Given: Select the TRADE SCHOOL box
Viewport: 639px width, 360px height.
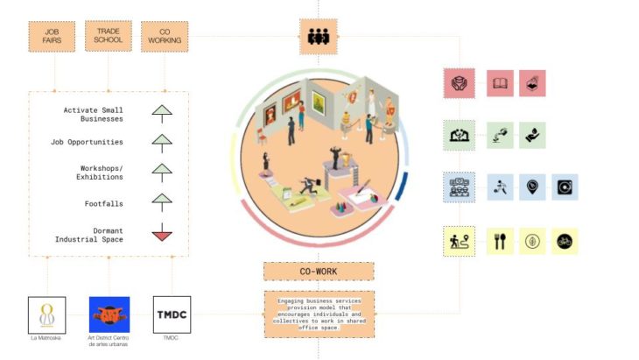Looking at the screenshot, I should [x=109, y=35].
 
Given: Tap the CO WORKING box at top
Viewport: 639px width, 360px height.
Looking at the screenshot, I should [x=165, y=36].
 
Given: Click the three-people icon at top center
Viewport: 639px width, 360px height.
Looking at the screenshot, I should [x=319, y=36].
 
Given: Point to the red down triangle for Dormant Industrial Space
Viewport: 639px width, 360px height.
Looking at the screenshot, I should [x=162, y=234].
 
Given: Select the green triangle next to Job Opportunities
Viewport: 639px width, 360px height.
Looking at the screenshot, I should [x=162, y=141].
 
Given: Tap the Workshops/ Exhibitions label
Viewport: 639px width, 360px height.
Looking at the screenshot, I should [x=100, y=172].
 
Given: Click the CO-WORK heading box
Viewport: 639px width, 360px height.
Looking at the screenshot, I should [x=319, y=272].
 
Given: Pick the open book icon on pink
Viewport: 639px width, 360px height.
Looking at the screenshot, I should [x=500, y=83].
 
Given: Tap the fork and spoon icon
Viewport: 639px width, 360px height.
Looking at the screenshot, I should [x=500, y=241].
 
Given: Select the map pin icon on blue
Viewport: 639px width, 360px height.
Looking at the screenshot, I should [x=532, y=187].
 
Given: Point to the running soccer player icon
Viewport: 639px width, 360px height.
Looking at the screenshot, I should [x=500, y=187].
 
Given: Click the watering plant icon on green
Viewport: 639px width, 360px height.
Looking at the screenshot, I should [x=500, y=135].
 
